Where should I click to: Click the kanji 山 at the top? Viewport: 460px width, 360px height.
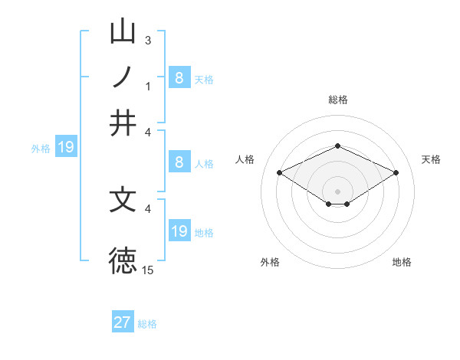click(123, 31)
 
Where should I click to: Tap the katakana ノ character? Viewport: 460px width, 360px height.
click(123, 77)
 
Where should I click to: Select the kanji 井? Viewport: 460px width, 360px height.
click(123, 123)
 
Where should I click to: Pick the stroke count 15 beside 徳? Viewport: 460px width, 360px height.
click(148, 270)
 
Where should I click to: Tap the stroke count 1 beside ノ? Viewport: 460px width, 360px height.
click(148, 87)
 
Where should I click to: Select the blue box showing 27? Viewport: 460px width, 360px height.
click(123, 322)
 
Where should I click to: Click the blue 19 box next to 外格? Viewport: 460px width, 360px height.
click(66, 147)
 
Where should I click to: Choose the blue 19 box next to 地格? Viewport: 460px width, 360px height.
click(179, 231)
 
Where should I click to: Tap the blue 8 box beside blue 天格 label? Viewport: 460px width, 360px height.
click(179, 77)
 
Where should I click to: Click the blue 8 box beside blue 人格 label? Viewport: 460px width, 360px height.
click(179, 162)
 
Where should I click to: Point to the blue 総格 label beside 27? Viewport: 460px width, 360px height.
click(147, 324)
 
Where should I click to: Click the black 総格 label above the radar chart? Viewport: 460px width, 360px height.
click(337, 100)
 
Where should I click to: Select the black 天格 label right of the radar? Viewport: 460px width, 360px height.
click(431, 159)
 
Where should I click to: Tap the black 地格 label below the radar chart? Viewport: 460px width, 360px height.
click(402, 262)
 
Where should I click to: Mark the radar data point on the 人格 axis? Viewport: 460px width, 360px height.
click(280, 173)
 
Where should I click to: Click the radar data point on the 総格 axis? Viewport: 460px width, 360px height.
click(337, 146)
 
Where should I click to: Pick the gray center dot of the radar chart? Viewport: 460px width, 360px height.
click(337, 191)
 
